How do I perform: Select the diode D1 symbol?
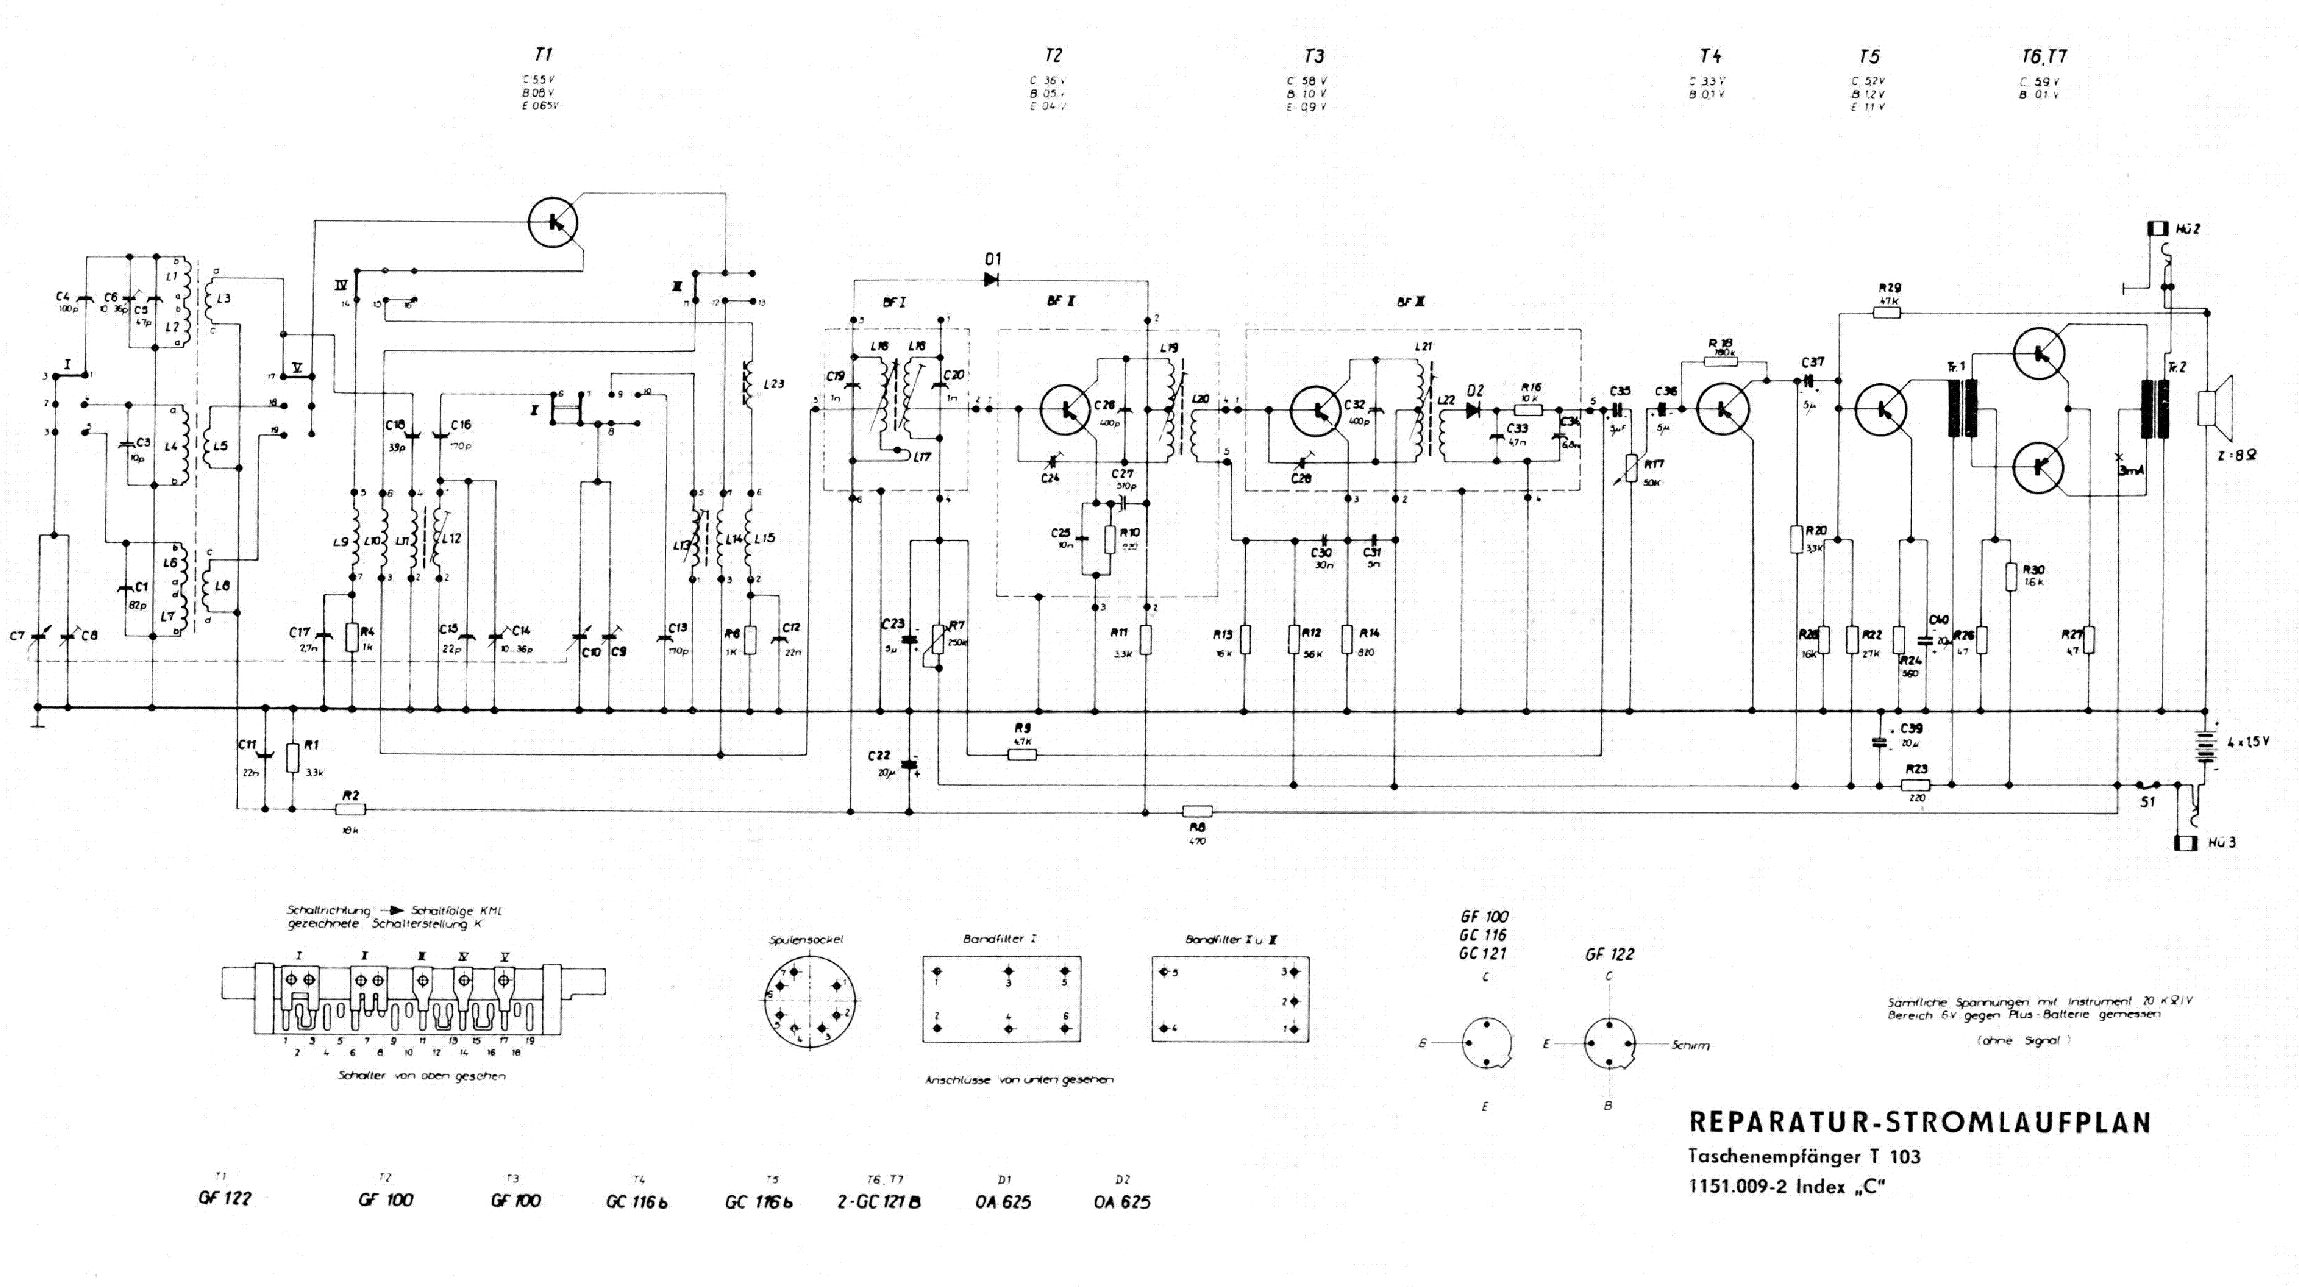point(990,279)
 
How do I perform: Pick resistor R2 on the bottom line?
point(351,809)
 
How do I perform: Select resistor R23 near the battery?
point(1915,785)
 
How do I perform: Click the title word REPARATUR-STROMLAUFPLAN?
point(1919,1122)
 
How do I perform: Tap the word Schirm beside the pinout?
point(1689,1045)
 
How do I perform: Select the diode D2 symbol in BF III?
point(1474,410)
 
